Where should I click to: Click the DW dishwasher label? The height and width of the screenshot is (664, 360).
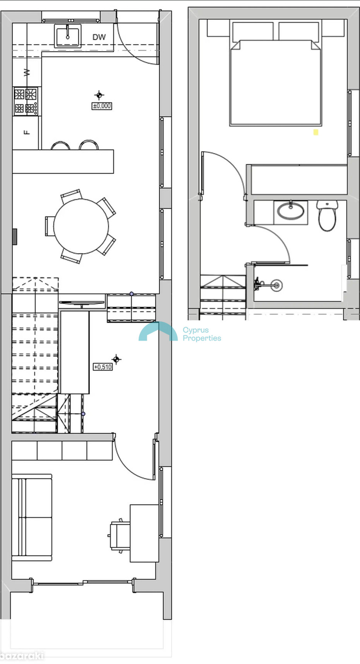point(99,37)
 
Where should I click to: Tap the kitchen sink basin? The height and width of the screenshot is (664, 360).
point(68,36)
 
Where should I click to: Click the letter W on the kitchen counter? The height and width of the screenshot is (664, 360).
point(26,72)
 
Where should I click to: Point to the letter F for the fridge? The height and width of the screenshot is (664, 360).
point(26,132)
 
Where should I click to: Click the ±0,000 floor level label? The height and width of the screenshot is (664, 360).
point(102,106)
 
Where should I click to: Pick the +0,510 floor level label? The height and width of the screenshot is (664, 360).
point(103,367)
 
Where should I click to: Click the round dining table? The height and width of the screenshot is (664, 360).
point(81,226)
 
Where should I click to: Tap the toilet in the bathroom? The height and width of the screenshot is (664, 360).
point(327,215)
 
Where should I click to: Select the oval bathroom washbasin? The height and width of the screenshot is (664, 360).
point(291,211)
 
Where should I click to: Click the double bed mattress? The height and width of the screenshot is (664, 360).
point(276,83)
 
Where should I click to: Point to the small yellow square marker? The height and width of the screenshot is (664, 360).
point(316,132)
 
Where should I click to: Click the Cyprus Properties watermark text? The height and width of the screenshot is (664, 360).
point(202,334)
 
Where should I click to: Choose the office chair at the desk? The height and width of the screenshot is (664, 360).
point(119,535)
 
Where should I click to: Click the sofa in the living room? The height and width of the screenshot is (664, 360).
point(32,517)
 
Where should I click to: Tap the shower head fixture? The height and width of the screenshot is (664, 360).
point(276,285)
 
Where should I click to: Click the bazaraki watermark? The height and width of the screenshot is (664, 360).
point(22,656)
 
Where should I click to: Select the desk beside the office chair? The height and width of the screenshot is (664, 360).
point(144,533)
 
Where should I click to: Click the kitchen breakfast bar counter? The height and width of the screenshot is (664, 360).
point(63,161)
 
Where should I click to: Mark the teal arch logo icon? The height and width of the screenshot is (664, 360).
point(158,331)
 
